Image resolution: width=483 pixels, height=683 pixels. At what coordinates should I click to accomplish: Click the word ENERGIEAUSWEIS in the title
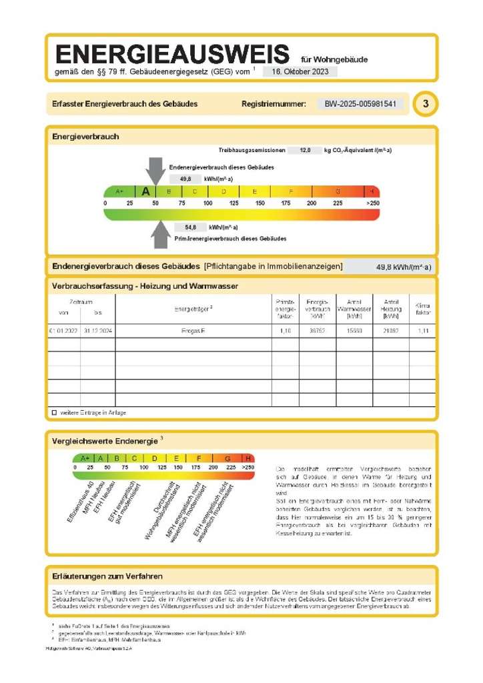pyautogui.click(x=173, y=53)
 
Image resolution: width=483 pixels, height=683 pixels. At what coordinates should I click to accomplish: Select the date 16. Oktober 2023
pyautogui.click(x=300, y=71)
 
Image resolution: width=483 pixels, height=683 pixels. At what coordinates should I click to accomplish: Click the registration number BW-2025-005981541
pyautogui.click(x=360, y=104)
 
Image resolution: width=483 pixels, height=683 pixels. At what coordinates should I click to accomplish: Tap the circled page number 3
pyautogui.click(x=426, y=104)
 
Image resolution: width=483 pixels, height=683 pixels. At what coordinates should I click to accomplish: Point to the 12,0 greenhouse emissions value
pyautogui.click(x=305, y=151)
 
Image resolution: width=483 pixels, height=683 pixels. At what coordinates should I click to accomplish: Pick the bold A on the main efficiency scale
pyautogui.click(x=146, y=191)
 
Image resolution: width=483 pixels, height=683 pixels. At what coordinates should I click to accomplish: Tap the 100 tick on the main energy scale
pyautogui.click(x=208, y=203)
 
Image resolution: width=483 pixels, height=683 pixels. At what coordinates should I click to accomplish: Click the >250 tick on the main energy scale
pyautogui.click(x=372, y=203)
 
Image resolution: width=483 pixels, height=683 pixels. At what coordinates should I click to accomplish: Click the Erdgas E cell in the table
pyautogui.click(x=193, y=331)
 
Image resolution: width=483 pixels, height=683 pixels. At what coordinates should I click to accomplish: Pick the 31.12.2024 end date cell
pyautogui.click(x=98, y=331)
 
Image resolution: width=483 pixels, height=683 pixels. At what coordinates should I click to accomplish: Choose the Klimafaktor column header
pyautogui.click(x=423, y=308)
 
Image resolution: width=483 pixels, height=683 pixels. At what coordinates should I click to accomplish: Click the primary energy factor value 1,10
pyautogui.click(x=285, y=331)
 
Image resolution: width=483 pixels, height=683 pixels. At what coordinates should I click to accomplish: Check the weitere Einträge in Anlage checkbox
pyautogui.click(x=54, y=413)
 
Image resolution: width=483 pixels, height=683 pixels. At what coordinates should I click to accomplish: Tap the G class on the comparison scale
pyautogui.click(x=227, y=458)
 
